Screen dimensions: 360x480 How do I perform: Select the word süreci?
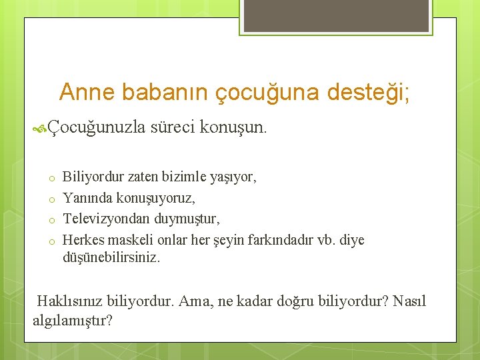tap(175, 127)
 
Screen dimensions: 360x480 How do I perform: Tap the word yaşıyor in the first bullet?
tap(233, 177)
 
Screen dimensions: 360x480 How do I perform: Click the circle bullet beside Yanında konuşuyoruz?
tap(51, 199)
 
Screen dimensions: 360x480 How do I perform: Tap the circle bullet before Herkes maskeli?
tap(51, 241)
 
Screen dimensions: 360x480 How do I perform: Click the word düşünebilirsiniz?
tap(111, 257)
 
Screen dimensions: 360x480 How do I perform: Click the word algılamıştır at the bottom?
tap(72, 320)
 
